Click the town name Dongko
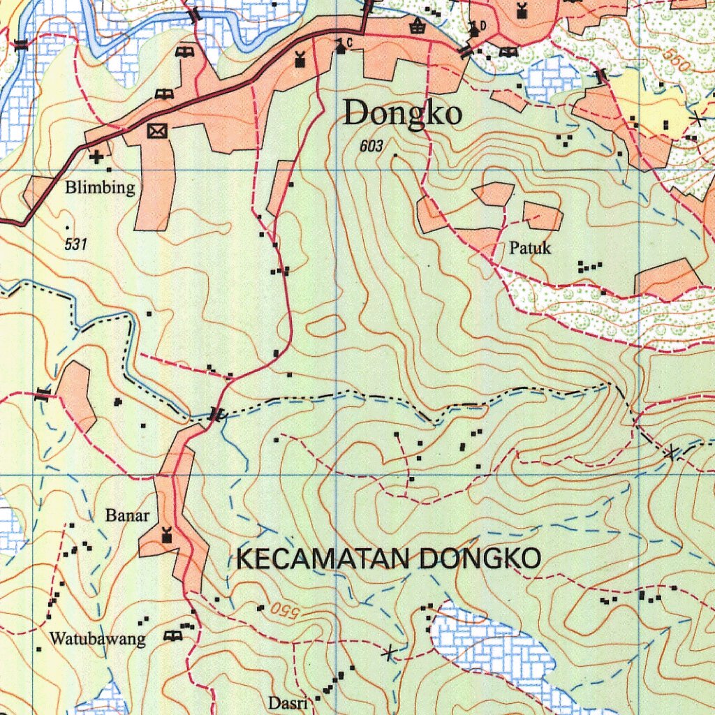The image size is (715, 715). tap(402, 113)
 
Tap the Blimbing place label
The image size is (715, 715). tap(100, 188)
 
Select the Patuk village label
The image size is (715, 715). tap(530, 248)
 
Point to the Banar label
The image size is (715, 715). tap(127, 516)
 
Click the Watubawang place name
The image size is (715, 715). tap(97, 638)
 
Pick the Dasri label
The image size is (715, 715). tap(288, 702)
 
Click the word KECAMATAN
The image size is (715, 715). tap(323, 559)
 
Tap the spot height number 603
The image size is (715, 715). tap(372, 147)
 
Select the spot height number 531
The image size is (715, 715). tap(75, 244)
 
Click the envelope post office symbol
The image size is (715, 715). tap(158, 131)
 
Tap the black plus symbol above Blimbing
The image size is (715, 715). tap(96, 157)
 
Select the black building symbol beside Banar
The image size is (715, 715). tap(166, 536)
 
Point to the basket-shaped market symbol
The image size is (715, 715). tap(418, 27)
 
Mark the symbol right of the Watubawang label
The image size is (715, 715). tap(172, 635)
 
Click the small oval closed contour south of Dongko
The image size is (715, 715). tap(325, 325)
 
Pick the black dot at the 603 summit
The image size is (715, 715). tap(395, 154)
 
